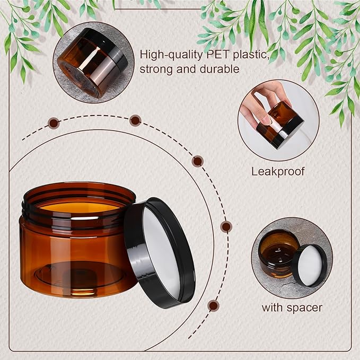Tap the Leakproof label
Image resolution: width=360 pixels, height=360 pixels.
[x=277, y=172]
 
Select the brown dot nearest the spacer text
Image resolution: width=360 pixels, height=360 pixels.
[x=213, y=305]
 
